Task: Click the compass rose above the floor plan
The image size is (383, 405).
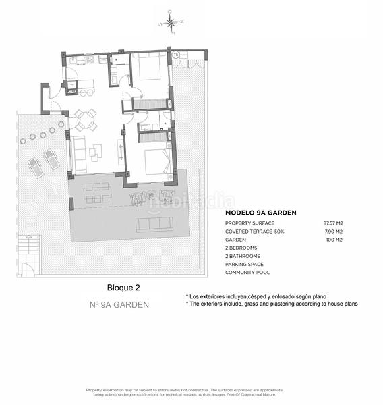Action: (171, 24)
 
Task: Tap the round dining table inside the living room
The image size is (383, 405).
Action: (86, 120)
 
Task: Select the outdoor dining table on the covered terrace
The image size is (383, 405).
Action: (98, 194)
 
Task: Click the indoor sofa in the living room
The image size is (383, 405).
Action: (80, 154)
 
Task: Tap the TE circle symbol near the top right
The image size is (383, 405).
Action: (175, 54)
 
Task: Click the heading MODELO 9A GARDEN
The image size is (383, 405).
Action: (260, 212)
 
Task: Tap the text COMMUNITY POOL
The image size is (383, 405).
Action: (247, 273)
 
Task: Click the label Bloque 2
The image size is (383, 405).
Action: (123, 288)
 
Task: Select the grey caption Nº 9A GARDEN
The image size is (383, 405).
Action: (119, 304)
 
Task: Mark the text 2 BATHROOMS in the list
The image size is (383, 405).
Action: (244, 256)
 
